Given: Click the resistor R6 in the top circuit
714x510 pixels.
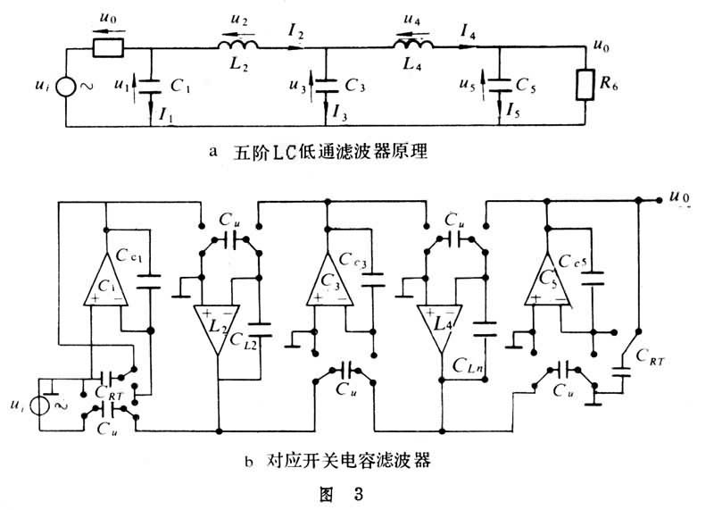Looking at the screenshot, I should coord(585,85).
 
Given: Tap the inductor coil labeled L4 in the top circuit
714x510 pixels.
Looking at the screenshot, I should coord(414,46).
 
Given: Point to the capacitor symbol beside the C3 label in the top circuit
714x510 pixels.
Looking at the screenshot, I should coord(324,85).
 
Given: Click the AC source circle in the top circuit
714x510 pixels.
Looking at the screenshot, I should coord(66,88).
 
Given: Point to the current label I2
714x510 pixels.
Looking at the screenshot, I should coord(296,34).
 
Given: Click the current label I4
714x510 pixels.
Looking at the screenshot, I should coord(468,34).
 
